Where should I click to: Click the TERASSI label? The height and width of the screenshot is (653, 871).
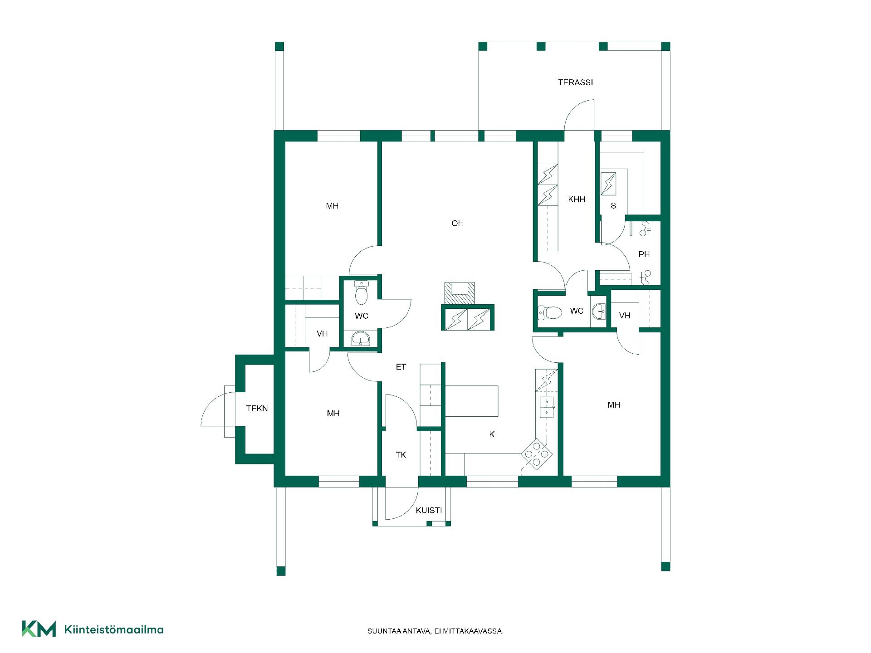(575, 83)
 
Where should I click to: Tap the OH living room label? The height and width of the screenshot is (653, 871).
(457, 223)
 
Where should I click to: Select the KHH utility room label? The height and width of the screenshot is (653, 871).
(577, 200)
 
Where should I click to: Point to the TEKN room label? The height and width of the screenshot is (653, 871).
(257, 409)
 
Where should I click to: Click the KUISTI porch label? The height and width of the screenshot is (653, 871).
(429, 511)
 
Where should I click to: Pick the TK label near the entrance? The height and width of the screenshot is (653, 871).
(401, 455)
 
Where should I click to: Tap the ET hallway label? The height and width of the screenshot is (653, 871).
(401, 367)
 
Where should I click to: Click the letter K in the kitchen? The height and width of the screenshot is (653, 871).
(492, 434)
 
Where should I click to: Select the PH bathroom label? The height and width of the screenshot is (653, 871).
(644, 254)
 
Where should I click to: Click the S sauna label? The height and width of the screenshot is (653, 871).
(613, 206)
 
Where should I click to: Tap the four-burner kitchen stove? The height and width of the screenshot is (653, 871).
(537, 453)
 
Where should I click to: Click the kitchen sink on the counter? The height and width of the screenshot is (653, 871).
(547, 407)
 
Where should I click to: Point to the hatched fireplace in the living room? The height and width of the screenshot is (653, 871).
(460, 293)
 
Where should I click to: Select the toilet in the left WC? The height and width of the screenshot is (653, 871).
(362, 292)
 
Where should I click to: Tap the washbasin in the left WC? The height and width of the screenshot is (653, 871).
(361, 339)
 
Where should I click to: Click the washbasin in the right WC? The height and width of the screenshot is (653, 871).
(599, 311)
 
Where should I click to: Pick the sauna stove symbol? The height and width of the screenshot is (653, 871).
(608, 184)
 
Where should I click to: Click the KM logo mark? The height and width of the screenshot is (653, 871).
(39, 629)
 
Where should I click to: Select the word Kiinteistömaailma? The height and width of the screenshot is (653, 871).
(114, 629)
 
